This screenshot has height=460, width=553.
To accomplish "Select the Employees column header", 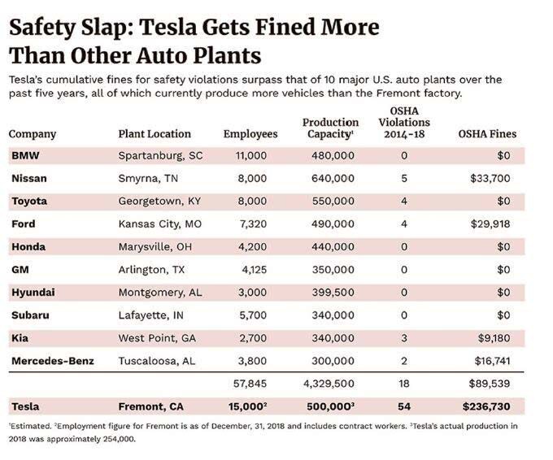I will tap(250, 134).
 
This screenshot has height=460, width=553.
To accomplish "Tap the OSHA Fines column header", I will tap(488, 134).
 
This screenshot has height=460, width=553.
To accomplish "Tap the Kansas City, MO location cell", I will tap(159, 223).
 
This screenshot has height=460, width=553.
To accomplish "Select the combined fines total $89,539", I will tap(495, 382).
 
